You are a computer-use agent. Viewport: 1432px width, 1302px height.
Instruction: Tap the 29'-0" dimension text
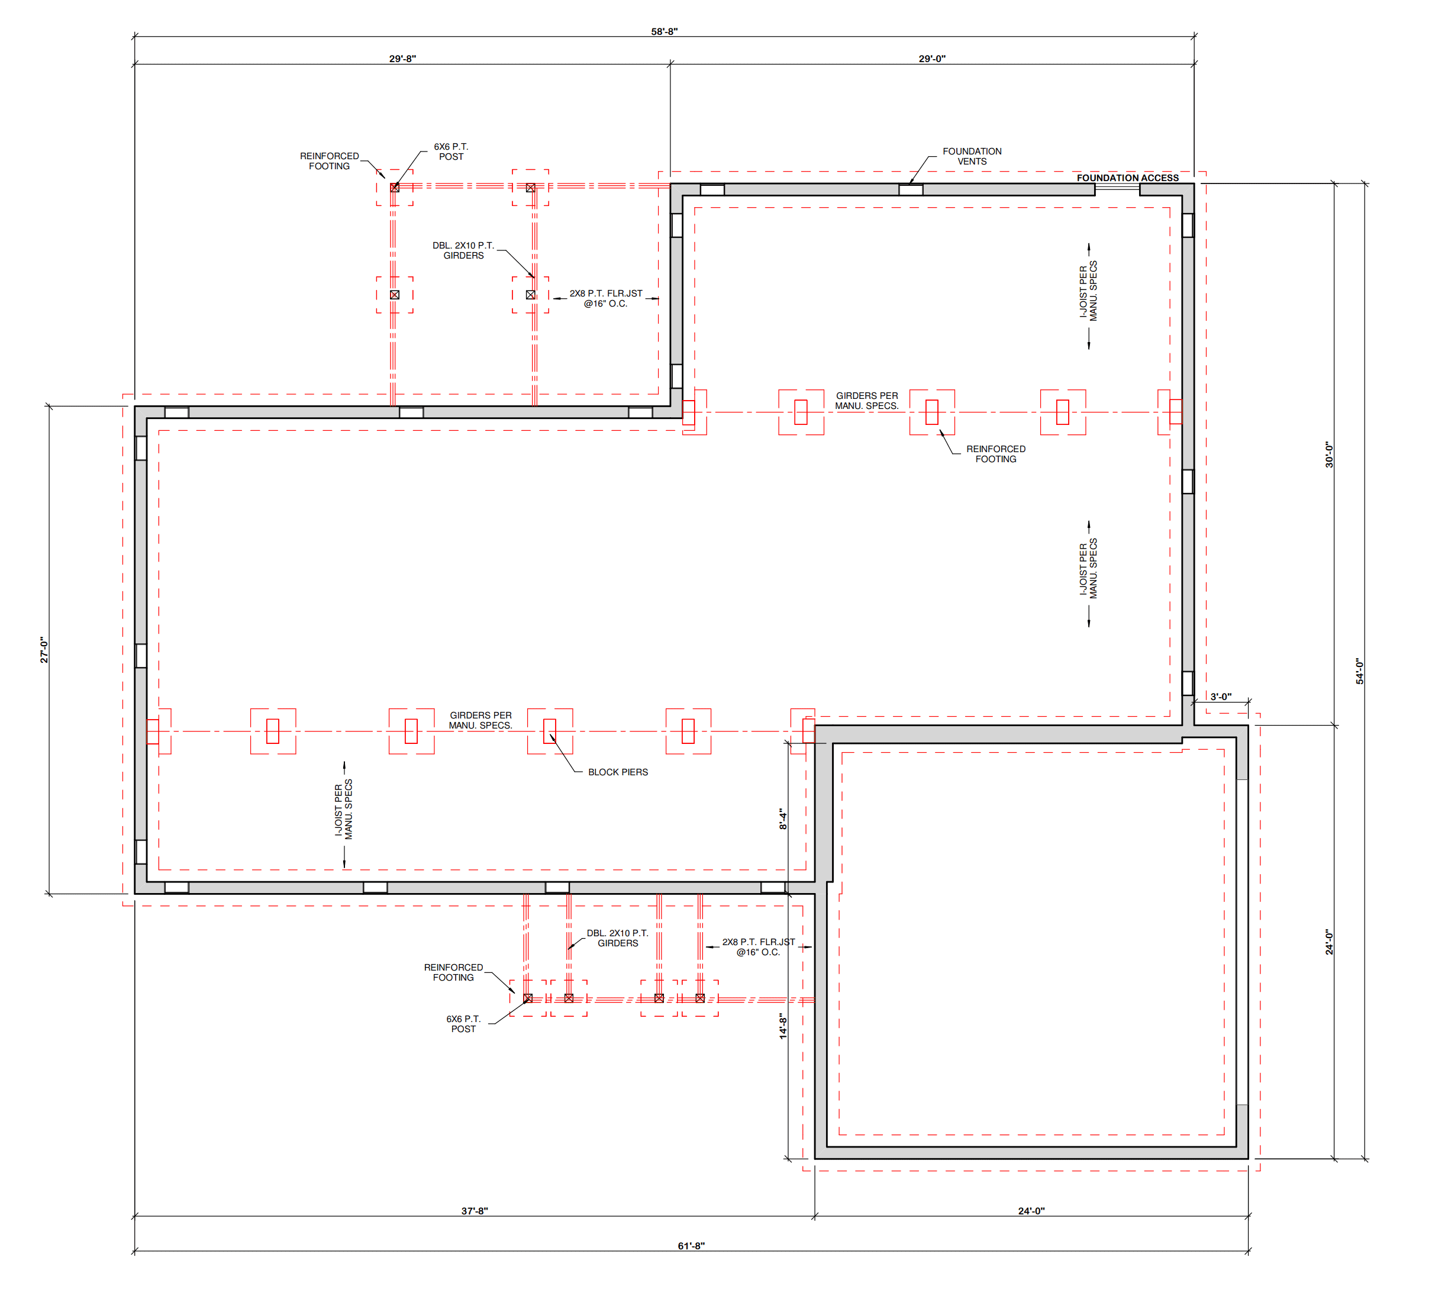tap(932, 59)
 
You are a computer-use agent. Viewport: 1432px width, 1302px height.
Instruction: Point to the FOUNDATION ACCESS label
tap(1127, 178)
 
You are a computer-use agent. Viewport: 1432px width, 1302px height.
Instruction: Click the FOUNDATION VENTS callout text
tap(972, 156)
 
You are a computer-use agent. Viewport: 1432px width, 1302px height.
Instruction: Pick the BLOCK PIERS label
tap(618, 772)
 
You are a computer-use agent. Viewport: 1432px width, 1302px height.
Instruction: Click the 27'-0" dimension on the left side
tap(44, 650)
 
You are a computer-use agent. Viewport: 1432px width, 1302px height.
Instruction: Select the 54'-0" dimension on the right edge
tap(1360, 671)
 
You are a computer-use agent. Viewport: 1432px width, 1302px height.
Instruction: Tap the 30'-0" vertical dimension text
tap(1329, 455)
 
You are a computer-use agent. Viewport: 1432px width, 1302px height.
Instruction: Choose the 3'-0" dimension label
tap(1221, 697)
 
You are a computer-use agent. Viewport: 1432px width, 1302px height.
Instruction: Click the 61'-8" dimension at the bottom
tap(691, 1246)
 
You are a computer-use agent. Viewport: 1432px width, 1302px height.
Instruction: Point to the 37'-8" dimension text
tap(475, 1211)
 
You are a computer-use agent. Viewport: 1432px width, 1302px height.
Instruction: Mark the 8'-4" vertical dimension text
tap(783, 818)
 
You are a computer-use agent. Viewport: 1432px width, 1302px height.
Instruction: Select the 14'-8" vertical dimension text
tap(783, 1026)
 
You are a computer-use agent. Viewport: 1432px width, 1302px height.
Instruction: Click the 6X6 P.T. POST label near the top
tap(451, 152)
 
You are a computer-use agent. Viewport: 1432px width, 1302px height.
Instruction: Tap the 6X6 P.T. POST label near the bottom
tap(463, 1024)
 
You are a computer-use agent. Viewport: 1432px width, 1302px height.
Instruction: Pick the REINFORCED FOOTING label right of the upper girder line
tap(996, 454)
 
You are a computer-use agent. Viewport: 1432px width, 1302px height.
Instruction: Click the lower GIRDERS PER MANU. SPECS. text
tap(480, 720)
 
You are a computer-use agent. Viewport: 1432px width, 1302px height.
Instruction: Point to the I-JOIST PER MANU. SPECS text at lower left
tap(344, 810)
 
